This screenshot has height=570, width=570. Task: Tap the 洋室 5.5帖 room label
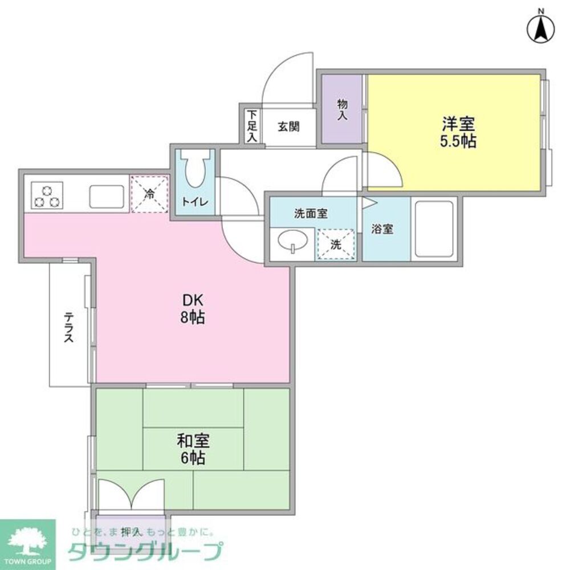[457, 132]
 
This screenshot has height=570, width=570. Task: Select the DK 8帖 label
[193, 309]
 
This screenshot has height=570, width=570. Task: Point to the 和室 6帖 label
[193, 449]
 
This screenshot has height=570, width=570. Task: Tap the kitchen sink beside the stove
[108, 197]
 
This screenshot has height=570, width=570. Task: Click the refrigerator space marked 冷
[150, 194]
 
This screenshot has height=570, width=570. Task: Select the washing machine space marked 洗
[336, 245]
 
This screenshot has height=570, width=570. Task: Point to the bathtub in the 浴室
[434, 229]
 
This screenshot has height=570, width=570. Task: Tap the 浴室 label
[382, 229]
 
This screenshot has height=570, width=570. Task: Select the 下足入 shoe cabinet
[251, 126]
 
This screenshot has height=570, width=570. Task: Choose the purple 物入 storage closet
[342, 109]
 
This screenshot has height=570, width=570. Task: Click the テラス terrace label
[68, 326]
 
